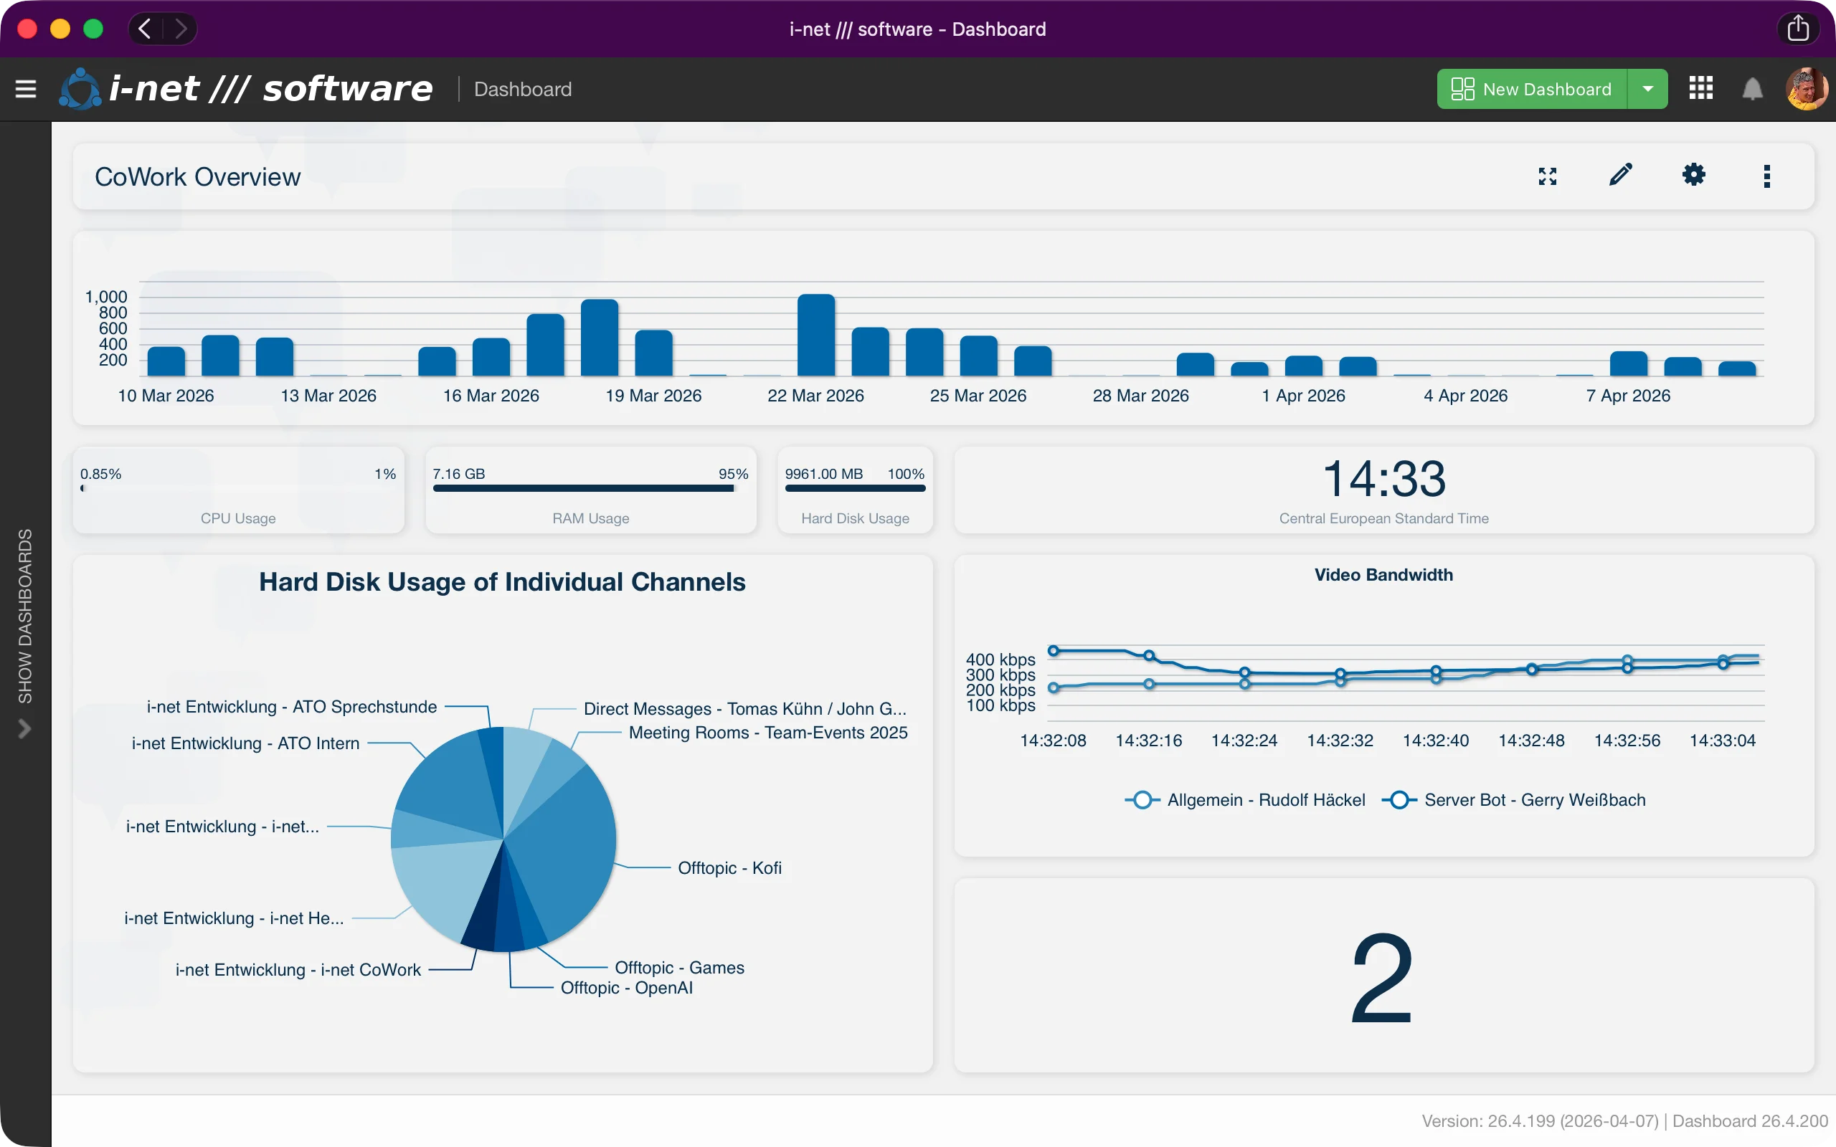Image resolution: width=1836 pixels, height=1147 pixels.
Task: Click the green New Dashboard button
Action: (1531, 90)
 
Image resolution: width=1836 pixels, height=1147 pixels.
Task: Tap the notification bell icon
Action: (1752, 90)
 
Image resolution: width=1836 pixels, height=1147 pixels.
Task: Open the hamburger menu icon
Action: (26, 90)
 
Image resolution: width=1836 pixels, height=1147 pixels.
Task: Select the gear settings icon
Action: (1693, 175)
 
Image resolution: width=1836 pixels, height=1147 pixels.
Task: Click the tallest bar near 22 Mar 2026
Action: (815, 335)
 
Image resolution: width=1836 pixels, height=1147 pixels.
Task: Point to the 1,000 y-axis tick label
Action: (105, 297)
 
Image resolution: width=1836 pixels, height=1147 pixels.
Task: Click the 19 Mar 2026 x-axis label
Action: (653, 396)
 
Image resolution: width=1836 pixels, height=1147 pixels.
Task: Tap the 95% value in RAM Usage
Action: (733, 474)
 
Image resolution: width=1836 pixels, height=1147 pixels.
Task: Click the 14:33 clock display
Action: (1384, 480)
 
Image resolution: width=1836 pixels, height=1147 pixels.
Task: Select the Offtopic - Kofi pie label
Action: (729, 868)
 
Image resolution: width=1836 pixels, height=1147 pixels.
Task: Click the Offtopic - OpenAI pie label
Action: (626, 988)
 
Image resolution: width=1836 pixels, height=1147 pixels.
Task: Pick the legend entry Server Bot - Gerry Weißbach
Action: (1534, 800)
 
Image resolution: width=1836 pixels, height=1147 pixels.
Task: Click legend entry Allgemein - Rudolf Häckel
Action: (1265, 800)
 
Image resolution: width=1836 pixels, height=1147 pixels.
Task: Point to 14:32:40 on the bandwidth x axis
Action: (1435, 741)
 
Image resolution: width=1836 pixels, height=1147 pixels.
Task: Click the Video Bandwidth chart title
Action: (1383, 575)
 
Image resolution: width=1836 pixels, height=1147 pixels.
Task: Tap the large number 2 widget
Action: (1381, 979)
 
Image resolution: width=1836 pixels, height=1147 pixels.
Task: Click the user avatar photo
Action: (1806, 90)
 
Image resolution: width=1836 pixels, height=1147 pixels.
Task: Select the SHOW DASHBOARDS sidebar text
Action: (25, 616)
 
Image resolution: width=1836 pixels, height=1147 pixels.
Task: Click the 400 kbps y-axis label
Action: (1000, 660)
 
